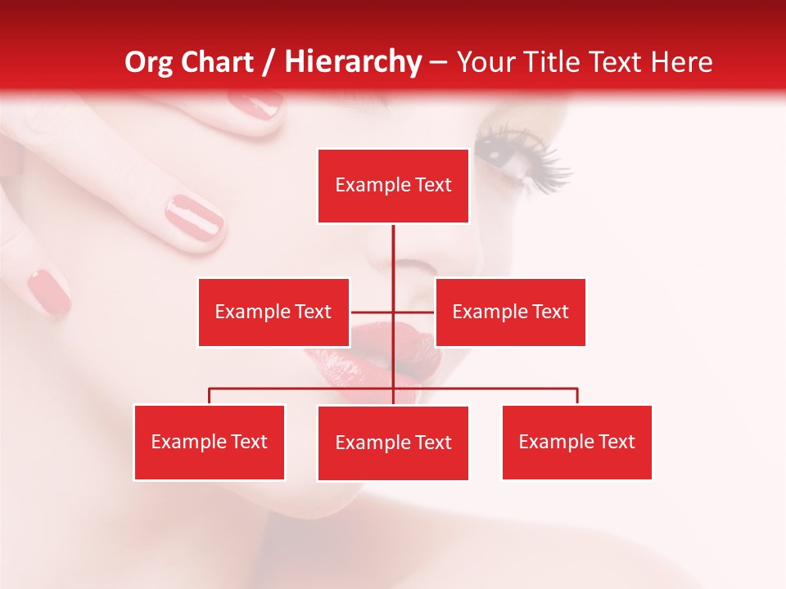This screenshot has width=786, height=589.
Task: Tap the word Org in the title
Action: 149,62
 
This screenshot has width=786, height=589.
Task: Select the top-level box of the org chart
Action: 393,186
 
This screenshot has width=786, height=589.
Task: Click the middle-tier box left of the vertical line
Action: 273,312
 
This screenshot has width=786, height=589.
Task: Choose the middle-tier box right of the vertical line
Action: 510,312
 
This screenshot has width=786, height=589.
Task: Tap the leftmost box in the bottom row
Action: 209,443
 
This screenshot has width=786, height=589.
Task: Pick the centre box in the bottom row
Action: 393,443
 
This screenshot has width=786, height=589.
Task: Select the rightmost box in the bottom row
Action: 576,443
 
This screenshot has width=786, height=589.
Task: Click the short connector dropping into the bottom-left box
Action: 210,397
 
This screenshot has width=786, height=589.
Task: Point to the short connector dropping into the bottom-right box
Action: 577,397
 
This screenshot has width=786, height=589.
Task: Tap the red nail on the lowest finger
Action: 49,291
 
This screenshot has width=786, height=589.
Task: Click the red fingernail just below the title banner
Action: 255,104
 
